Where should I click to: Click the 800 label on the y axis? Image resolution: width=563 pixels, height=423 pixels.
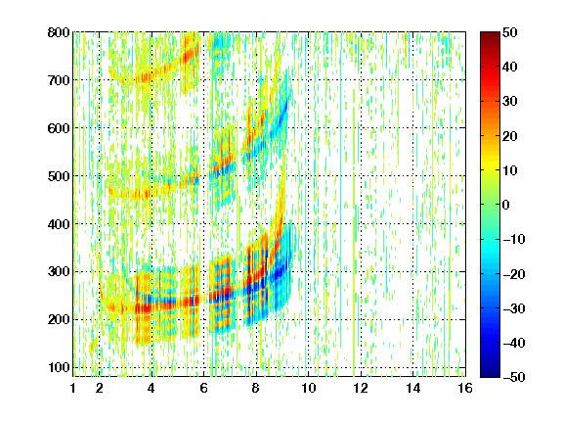coord(59,32)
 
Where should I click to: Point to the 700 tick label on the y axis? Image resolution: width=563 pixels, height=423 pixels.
coord(59,80)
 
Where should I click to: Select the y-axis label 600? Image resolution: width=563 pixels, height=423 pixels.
coord(59,128)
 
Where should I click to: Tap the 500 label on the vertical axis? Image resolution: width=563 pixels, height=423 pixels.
coord(59,176)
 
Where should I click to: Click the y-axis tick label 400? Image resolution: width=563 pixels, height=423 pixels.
coord(59,224)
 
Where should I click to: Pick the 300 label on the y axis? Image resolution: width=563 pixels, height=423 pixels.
coord(59,271)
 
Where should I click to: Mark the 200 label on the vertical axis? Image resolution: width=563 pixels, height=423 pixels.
coord(59,319)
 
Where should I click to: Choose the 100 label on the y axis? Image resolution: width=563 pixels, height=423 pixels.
coord(59,367)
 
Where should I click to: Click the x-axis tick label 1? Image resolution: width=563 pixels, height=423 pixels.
coord(73,388)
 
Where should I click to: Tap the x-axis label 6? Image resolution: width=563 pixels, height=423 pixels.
coord(203,388)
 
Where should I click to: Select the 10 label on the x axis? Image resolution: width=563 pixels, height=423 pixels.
coord(308,388)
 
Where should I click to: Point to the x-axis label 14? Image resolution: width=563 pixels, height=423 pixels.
coord(412,388)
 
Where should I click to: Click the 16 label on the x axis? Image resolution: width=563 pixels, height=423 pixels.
coord(465,388)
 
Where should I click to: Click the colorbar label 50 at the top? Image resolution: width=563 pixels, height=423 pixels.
coord(509,32)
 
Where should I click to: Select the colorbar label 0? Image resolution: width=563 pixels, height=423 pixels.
coord(506,205)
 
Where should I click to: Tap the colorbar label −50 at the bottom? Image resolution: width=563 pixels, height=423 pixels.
coord(514,377)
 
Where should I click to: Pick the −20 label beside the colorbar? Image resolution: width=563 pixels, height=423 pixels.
coord(514,274)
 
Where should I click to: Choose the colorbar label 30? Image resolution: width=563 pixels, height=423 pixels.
coord(509,101)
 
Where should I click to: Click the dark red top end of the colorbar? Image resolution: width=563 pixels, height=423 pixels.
coord(490,33)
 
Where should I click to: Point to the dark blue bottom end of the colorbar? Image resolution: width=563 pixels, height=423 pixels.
coord(490,375)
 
